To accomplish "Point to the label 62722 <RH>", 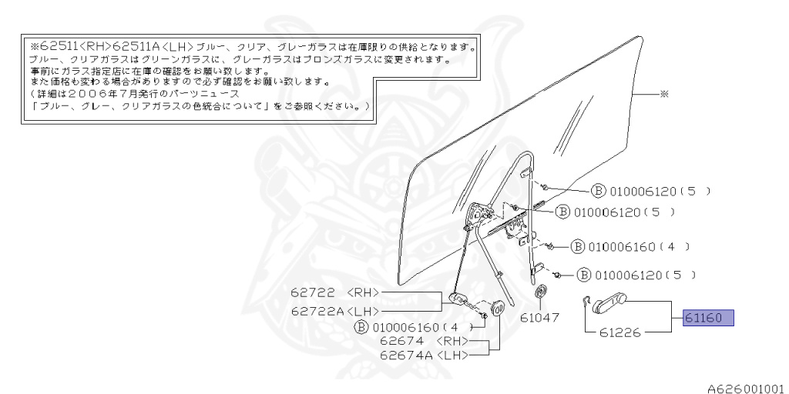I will pyautogui.click(x=335, y=293).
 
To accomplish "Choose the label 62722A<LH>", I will pyautogui.click(x=335, y=310).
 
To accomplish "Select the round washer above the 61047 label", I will pyautogui.click(x=541, y=292).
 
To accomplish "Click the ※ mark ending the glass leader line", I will pyautogui.click(x=664, y=94).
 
